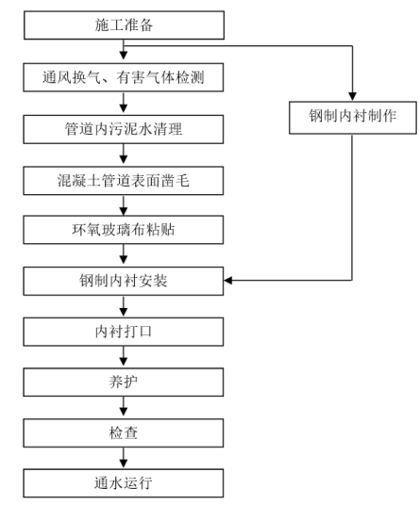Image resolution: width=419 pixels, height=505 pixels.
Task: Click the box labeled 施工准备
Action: coord(124,25)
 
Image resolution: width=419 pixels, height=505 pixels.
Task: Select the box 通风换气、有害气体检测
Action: coord(124,77)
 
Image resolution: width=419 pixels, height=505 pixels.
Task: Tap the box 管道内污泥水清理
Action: coord(124,129)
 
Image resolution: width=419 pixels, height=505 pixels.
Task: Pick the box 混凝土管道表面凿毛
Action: coord(124,181)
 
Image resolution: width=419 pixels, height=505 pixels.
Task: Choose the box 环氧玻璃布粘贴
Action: coord(124,230)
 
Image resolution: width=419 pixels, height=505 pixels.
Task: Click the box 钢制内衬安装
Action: coord(124,281)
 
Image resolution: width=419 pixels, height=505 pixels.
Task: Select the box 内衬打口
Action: coord(124,332)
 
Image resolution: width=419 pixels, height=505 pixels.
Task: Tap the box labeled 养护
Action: coord(124,383)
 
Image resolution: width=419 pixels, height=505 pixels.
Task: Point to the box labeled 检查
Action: coord(124,432)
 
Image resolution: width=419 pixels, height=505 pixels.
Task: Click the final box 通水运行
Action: coord(124,483)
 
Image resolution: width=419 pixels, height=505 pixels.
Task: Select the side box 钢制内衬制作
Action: coord(353,118)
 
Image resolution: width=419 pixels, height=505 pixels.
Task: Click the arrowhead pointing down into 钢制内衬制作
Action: coord(352,96)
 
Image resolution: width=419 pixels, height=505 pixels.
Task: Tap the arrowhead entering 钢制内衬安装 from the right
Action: coord(228,281)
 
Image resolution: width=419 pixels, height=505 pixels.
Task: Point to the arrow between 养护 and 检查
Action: coord(124,407)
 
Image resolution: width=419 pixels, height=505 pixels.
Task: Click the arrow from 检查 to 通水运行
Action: coord(124,458)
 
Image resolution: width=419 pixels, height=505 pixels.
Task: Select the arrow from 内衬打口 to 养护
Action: coord(124,357)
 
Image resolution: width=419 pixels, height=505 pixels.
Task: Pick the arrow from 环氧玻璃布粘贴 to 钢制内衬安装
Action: coord(124,255)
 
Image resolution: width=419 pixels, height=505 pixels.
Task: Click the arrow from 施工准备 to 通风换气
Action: coord(124,51)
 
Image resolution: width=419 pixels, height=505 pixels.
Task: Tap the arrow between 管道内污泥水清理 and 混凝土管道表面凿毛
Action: coord(124,155)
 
